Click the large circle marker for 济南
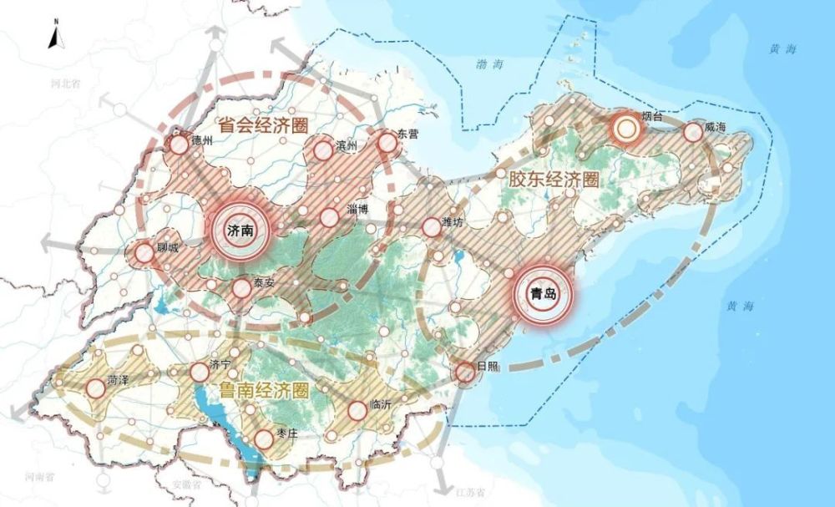[x=240, y=231]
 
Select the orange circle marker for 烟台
[x=624, y=129]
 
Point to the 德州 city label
[x=202, y=140]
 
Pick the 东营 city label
[x=407, y=134]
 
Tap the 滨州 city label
[x=346, y=145]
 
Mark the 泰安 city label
[x=264, y=282]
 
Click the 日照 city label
[x=487, y=367]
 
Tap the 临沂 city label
[x=381, y=403]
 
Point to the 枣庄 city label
[x=287, y=432]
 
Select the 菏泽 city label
[x=118, y=381]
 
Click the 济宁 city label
[x=220, y=364]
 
